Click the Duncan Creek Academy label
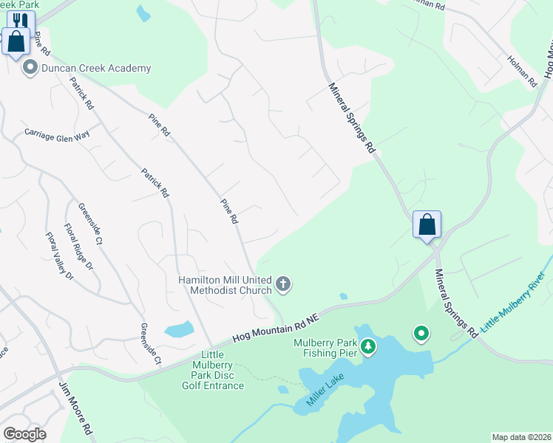pyautogui.click(x=96, y=69)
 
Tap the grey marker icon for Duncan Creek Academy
pyautogui.click(x=30, y=69)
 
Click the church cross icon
pyautogui.click(x=283, y=284)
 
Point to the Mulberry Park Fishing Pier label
pyautogui.click(x=325, y=347)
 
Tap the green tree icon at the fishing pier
pyautogui.click(x=367, y=346)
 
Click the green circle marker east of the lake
pyautogui.click(x=421, y=334)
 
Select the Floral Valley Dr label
pyautogui.click(x=60, y=256)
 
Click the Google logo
pyautogui.click(x=24, y=434)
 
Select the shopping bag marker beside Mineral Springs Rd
pyautogui.click(x=427, y=224)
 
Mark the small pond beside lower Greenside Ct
pyautogui.click(x=178, y=329)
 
